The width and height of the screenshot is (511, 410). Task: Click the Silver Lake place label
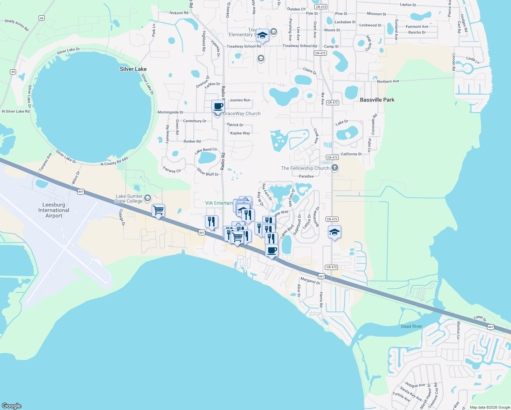[133, 69]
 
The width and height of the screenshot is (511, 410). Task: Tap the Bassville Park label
[377, 100]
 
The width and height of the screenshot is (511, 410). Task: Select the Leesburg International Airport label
[54, 210]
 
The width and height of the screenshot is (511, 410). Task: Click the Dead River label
[411, 326]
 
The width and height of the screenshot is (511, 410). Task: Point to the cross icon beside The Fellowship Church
[335, 168]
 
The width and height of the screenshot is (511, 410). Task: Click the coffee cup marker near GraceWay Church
[218, 106]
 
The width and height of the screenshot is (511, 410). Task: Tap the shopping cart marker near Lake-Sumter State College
[158, 210]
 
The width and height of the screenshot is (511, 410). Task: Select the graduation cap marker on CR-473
[334, 232]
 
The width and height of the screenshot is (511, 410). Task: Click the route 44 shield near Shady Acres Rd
[42, 18]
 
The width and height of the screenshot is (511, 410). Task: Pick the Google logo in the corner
[12, 406]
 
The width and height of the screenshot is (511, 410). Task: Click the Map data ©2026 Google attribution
[490, 407]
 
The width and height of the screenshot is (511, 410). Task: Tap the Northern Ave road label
[388, 81]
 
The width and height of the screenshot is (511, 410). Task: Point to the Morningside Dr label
[170, 112]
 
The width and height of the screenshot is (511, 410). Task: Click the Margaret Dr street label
[310, 281]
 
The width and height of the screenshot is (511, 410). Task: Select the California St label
[351, 154]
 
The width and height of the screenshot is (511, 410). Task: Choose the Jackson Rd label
[178, 13]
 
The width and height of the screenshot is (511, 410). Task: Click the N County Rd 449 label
[114, 162]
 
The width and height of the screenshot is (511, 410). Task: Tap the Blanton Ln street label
[458, 327]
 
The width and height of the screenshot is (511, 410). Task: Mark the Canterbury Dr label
[195, 121]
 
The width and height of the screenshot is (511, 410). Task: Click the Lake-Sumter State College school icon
[148, 198]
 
